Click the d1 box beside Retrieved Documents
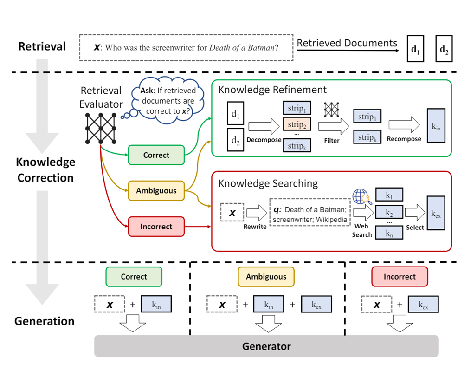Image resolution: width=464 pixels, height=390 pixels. pos(415,48)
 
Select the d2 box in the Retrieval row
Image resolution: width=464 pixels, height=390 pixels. pos(444,48)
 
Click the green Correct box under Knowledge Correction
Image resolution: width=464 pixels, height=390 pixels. pos(156,155)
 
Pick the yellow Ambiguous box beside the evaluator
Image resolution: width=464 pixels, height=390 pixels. pos(156,190)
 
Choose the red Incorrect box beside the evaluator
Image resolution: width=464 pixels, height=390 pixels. pos(156,227)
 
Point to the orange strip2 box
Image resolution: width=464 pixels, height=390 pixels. pos(297,125)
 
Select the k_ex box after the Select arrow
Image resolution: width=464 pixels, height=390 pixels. pos(436,214)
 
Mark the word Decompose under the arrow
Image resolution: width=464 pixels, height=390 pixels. pos(263,140)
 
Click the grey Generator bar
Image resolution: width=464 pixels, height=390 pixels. pos(266,346)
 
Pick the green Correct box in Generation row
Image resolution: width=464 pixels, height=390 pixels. pos(134,277)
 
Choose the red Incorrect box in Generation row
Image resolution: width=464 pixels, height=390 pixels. pos(400,277)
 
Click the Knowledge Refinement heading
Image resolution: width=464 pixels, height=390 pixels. pos(272,90)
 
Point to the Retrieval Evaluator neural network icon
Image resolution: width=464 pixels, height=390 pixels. pos(100,128)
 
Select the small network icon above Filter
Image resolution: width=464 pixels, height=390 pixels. pos(332,110)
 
